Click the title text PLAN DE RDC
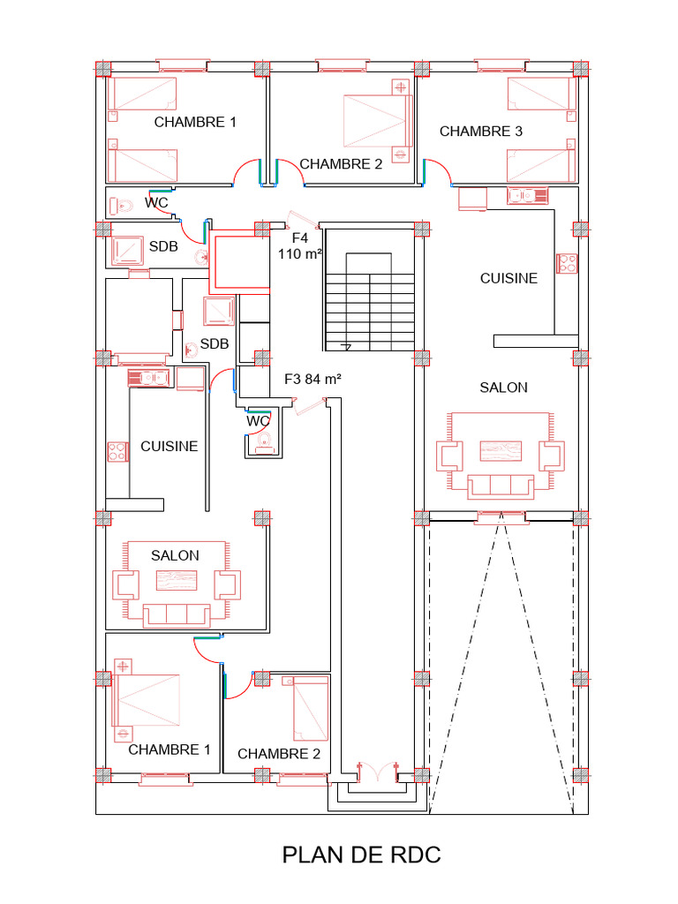click(361, 855)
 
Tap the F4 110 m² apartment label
click(300, 246)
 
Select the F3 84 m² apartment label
click(313, 380)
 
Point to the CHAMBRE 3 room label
click(481, 132)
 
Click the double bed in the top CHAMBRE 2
click(378, 121)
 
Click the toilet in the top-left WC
click(122, 205)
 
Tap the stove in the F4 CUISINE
click(567, 263)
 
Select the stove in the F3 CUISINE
click(117, 451)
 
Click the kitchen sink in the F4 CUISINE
click(528, 196)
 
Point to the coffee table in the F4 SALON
click(501, 451)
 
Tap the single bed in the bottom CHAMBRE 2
click(310, 709)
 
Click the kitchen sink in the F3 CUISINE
click(148, 378)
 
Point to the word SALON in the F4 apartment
click(504, 388)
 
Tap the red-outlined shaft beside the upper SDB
click(239, 261)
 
